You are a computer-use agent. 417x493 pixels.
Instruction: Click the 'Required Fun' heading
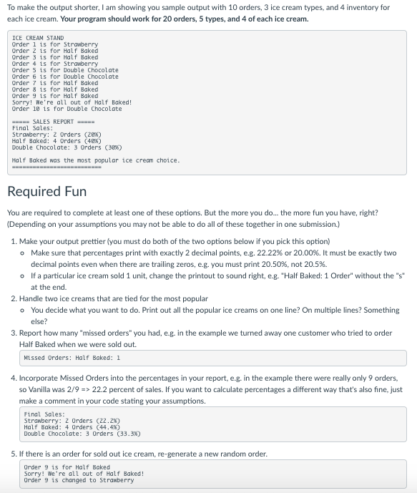[x=46, y=192]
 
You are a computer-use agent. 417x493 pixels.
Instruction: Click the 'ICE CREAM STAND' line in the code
[x=38, y=38]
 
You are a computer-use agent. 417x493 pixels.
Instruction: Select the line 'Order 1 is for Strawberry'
[x=55, y=44]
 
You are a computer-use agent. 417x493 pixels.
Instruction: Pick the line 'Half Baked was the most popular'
[x=96, y=160]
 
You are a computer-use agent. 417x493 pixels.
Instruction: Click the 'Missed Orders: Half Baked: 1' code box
[x=72, y=358]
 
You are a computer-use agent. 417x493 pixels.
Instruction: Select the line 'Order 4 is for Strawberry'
[x=55, y=64]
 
